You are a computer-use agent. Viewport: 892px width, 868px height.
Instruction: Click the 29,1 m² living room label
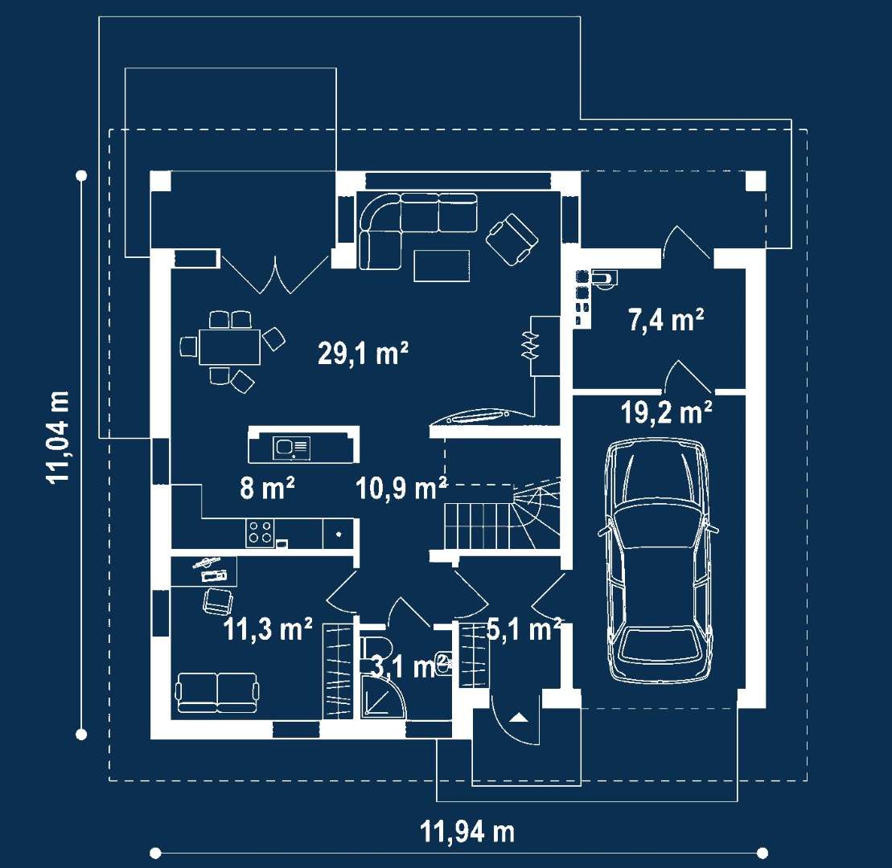coord(363,354)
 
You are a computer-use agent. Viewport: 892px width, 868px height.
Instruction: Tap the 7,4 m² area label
coord(666,319)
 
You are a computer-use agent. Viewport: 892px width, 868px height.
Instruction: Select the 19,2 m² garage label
coord(666,411)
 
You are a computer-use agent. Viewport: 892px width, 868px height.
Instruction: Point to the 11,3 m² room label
coord(268,629)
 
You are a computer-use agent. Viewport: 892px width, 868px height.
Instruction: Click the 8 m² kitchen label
coord(267,488)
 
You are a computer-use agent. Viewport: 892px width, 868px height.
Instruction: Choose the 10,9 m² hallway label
coord(401,489)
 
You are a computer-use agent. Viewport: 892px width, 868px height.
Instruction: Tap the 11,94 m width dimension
coord(467,832)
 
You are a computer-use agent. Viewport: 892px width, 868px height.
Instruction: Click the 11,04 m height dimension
coord(59,436)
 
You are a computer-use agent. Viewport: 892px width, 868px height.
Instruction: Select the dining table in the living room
coord(229,346)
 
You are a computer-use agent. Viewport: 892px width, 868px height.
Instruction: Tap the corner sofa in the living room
coord(417,230)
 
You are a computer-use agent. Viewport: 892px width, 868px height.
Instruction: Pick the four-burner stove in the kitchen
coord(260,533)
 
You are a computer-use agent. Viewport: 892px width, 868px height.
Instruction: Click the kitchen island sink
coord(292,448)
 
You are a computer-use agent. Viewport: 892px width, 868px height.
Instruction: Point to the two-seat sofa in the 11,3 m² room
coord(216,692)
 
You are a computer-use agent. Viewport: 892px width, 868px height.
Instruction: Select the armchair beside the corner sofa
coord(512,240)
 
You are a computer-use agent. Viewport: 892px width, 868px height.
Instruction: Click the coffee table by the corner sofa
coord(442,265)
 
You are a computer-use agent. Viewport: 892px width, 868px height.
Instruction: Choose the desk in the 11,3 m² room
coord(203,571)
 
